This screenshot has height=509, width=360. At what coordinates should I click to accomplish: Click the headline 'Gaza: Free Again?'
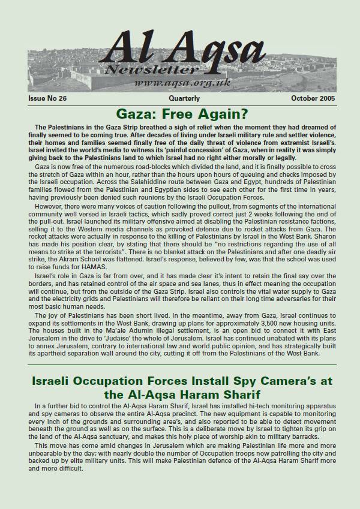click(x=180, y=114)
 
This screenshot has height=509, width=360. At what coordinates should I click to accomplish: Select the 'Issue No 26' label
click(x=47, y=98)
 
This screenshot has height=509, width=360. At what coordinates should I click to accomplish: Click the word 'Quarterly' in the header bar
click(x=184, y=98)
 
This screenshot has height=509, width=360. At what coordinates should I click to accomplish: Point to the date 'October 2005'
click(x=313, y=98)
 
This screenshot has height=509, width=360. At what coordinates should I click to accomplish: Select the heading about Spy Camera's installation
click(x=180, y=388)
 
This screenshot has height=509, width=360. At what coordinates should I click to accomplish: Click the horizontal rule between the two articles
click(x=180, y=365)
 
